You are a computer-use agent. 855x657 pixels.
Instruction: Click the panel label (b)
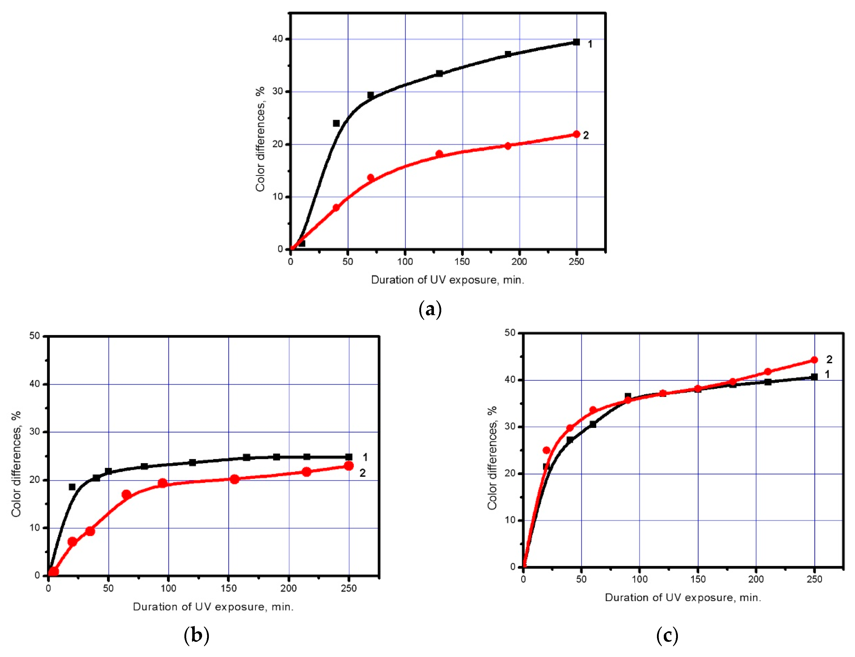coord(196,635)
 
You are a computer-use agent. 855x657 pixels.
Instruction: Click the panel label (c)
coord(667,635)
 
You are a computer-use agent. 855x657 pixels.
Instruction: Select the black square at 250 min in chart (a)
coord(576,42)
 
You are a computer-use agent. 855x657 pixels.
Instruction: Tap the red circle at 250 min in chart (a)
coord(576,134)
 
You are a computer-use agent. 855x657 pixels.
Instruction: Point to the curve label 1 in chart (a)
coord(590,44)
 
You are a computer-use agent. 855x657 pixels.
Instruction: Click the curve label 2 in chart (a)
coord(586,135)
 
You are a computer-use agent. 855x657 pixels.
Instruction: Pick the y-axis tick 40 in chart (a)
coord(278,39)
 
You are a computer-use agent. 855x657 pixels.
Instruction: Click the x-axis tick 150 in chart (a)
coord(462,262)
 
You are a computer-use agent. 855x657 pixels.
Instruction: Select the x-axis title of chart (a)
coord(448,280)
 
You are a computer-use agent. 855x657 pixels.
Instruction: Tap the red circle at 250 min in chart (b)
coord(349,466)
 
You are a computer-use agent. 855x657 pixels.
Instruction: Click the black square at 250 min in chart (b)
coord(349,457)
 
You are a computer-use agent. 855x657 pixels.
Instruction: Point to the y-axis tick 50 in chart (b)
coord(35,336)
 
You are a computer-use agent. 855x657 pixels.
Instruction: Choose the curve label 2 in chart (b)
coord(362,473)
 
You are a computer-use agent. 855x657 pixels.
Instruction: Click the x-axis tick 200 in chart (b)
coord(289,588)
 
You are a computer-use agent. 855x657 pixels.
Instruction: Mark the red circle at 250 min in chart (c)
coord(814,360)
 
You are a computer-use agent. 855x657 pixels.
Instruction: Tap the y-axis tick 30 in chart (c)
coord(510,426)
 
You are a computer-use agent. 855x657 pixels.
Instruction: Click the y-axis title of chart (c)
coord(492,458)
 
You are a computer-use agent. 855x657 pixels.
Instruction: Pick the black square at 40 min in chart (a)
coord(336,123)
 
